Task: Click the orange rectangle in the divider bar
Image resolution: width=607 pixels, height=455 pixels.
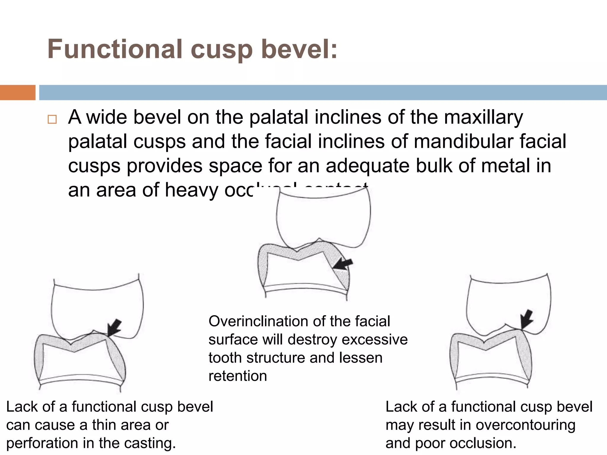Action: (x=17, y=92)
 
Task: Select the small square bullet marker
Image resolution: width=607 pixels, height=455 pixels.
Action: (x=52, y=119)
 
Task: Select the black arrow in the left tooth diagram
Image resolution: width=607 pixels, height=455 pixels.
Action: (x=114, y=328)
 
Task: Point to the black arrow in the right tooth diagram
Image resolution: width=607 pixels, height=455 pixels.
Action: (x=527, y=320)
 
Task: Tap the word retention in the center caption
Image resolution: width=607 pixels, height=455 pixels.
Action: (x=238, y=376)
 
